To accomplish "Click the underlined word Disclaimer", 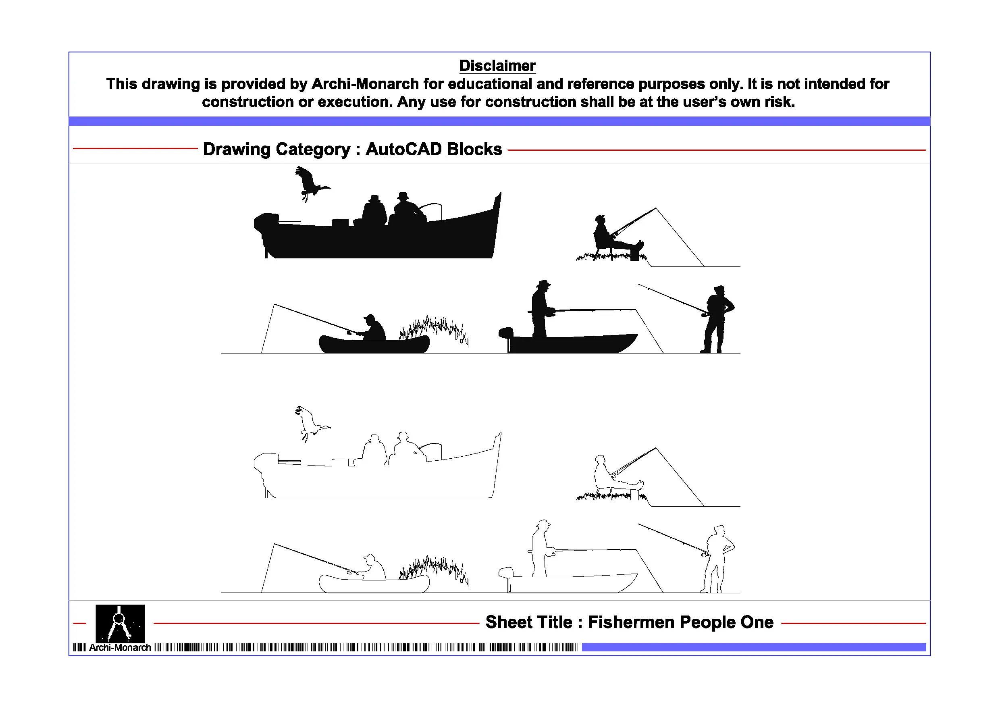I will pyautogui.click(x=497, y=66).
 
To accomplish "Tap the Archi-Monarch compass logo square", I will pyautogui.click(x=120, y=623).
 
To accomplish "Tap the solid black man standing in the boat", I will pyautogui.click(x=540, y=309).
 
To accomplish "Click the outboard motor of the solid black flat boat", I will pyautogui.click(x=506, y=335).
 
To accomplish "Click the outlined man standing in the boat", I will pyautogui.click(x=540, y=549).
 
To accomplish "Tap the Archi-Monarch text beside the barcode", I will pyautogui.click(x=120, y=648).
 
